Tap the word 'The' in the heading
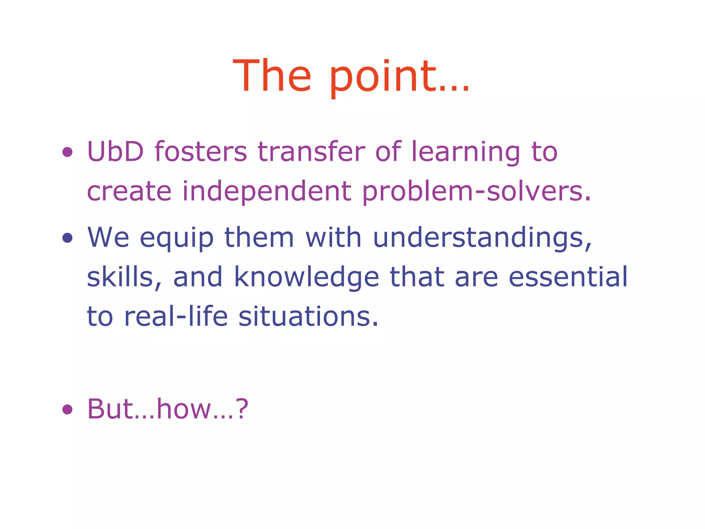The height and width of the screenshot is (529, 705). point(272,76)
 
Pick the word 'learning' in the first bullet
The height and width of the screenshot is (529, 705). point(465,152)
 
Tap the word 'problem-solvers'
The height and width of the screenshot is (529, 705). point(476,191)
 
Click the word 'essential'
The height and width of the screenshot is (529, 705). point(568,277)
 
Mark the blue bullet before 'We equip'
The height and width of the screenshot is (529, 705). point(67,238)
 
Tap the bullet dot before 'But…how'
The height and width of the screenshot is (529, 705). point(67,409)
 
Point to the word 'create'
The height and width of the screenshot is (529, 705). point(129,191)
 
